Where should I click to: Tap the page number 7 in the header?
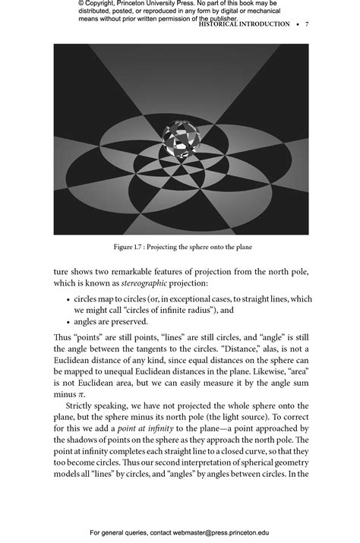point(307,24)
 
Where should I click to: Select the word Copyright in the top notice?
point(109,4)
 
